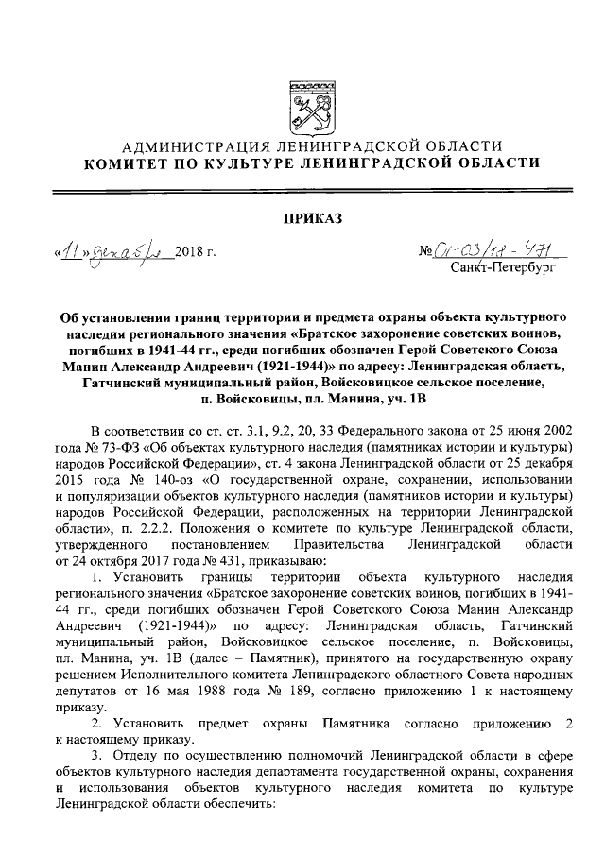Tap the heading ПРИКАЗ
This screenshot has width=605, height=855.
[302, 221]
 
